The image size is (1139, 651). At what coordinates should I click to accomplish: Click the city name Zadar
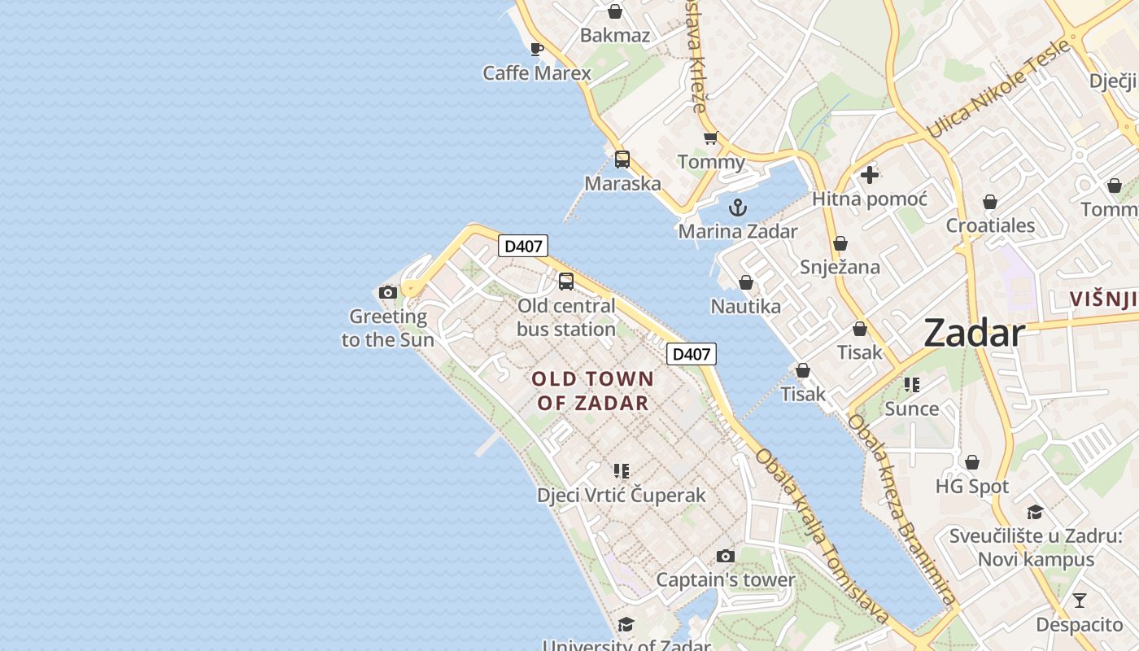tap(974, 333)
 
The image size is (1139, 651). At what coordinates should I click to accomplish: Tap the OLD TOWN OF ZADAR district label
tap(593, 391)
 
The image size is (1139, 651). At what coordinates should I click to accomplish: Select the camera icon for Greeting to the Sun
tap(388, 292)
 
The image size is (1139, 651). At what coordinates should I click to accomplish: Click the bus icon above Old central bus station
tap(565, 282)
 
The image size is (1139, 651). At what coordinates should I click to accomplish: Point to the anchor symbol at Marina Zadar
tap(738, 207)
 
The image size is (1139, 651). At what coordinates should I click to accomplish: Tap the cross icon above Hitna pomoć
tap(870, 174)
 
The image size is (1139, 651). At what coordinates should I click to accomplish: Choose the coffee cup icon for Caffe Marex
tap(537, 49)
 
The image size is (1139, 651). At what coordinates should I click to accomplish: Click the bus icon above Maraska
tap(622, 159)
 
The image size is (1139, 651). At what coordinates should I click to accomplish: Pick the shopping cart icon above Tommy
tap(711, 138)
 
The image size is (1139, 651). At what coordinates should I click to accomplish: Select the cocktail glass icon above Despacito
tap(1080, 601)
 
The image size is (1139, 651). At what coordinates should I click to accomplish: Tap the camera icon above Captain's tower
tap(725, 556)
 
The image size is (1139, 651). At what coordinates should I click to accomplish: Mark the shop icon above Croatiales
tap(990, 201)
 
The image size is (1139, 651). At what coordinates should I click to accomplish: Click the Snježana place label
tap(840, 267)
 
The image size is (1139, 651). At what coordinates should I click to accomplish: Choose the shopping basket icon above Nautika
tap(745, 282)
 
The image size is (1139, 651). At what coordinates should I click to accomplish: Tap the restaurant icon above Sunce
tap(912, 384)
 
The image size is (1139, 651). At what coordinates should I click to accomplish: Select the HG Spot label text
tap(972, 487)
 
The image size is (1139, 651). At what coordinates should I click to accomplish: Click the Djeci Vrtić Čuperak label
tap(622, 495)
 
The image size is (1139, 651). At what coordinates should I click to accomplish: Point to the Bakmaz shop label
tap(615, 35)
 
